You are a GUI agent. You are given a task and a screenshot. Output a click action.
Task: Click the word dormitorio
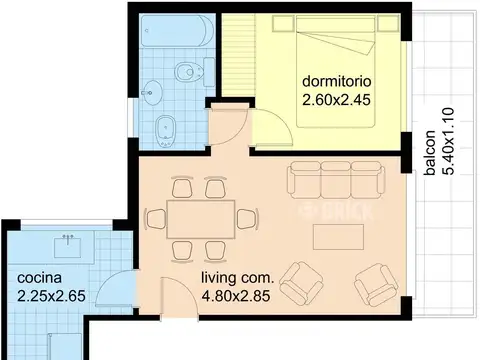click(337, 82)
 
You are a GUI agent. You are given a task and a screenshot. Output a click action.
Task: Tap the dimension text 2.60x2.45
click(336, 100)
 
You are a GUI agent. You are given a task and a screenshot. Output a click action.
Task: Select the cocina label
click(39, 278)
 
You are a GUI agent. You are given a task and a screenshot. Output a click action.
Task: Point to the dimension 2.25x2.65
click(51, 296)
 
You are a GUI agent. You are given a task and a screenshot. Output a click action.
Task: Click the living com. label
click(237, 278)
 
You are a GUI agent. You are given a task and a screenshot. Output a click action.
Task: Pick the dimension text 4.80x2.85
click(236, 296)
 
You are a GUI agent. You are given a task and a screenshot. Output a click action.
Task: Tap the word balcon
click(430, 153)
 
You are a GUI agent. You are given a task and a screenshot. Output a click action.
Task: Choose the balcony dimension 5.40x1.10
click(448, 141)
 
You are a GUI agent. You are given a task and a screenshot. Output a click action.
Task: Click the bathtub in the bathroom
click(177, 30)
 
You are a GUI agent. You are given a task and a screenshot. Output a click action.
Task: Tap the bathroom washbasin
click(152, 93)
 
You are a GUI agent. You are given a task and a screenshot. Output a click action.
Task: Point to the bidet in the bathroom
click(165, 131)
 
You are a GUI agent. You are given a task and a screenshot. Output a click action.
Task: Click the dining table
click(201, 219)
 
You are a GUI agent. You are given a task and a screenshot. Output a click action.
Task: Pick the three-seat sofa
click(336, 180)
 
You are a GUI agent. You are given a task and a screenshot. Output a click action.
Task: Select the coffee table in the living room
click(338, 237)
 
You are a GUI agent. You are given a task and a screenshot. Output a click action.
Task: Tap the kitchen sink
click(68, 245)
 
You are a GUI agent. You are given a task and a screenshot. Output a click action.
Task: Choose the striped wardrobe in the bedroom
click(239, 55)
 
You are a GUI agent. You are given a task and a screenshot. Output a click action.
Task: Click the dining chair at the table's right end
click(248, 219)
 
